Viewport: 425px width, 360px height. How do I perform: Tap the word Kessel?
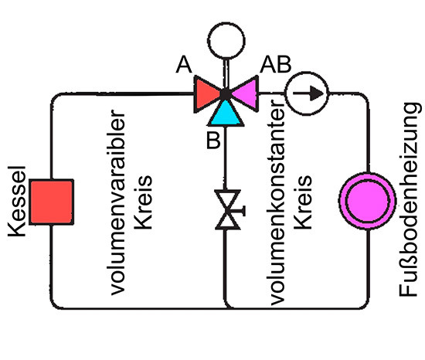pyautogui.click(x=19, y=202)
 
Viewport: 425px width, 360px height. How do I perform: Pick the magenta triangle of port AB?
pyautogui.click(x=243, y=94)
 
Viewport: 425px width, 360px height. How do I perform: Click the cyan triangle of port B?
pyautogui.click(x=225, y=112)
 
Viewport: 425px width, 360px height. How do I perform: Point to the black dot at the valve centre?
pyautogui.click(x=225, y=95)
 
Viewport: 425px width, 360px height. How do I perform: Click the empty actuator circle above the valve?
pyautogui.click(x=225, y=37)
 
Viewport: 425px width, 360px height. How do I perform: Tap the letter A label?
pyautogui.click(x=184, y=66)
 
